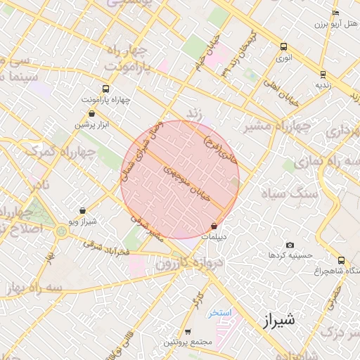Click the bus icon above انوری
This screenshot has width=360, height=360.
[x=283, y=47]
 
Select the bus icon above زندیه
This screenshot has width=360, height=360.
[x=323, y=73]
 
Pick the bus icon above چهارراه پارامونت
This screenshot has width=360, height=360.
[x=105, y=89]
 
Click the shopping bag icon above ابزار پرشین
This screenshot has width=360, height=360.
[x=91, y=113]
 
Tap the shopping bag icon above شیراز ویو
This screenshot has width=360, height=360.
[x=83, y=210]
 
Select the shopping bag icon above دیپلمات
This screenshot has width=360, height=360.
[x=214, y=226]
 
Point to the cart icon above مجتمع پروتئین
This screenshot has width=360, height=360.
[x=188, y=331]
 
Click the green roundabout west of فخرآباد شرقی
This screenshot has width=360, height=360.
[x=62, y=231]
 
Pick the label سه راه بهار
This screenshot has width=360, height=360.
[x=31, y=288]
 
